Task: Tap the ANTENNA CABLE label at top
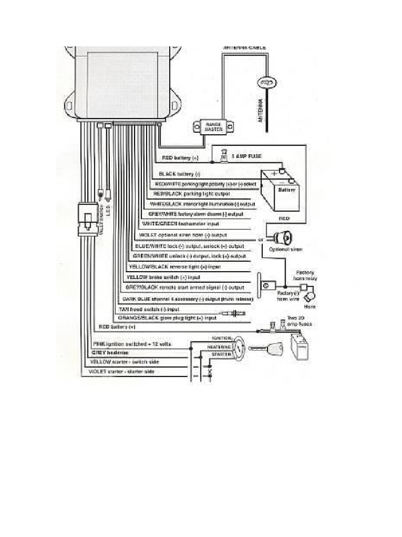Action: click(245, 48)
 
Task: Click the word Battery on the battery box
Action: click(286, 190)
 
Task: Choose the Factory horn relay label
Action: click(305, 276)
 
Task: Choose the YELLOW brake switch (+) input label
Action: click(163, 277)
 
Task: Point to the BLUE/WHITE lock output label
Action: click(189, 246)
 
